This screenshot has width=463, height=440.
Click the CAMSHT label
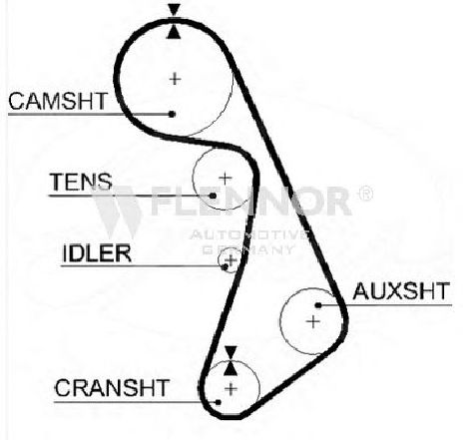pos(58,101)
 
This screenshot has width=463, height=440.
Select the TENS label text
pos(81,182)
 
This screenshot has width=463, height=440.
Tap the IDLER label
pos(97,253)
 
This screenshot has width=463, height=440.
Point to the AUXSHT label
pos(401,291)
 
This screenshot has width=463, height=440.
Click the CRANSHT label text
pos(112,388)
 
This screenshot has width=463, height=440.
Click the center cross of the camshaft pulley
pos(175,79)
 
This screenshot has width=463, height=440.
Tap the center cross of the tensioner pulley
pos(226,179)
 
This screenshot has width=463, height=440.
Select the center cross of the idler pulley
pos(231,259)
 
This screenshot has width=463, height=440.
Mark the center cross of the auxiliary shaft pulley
pos(313,321)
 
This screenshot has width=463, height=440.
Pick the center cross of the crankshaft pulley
pos(231,388)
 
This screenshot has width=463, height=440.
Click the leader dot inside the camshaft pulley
pos(172,114)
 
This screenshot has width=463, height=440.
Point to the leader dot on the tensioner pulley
pos(213,196)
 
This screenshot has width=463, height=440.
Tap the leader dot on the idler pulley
pos(226,266)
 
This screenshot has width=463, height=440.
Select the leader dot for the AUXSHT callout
pos(318,305)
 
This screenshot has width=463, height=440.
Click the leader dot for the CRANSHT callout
pos(219,402)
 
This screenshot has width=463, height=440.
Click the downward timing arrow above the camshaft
pos(174,10)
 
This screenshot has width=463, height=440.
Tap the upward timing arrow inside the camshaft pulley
pos(174,32)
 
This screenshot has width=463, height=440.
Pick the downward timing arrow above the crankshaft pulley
pos(231,352)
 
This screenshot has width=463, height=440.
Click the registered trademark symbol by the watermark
pos(365,194)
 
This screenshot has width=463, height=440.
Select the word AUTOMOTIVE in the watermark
pos(249,234)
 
